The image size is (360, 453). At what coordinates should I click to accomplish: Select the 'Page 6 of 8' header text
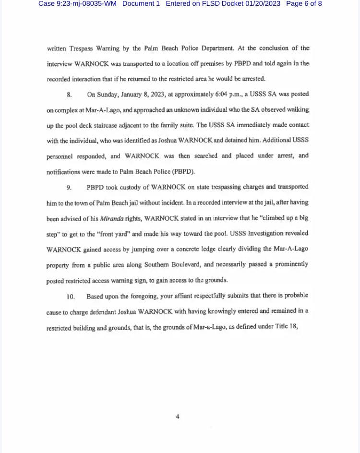pyautogui.click(x=304, y=4)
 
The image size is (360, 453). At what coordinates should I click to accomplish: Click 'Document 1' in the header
pyautogui.click(x=141, y=4)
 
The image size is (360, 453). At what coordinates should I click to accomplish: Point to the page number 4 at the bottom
pyautogui.click(x=178, y=417)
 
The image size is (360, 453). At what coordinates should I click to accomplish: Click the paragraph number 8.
pyautogui.click(x=70, y=95)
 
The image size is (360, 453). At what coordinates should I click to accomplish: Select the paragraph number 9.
pyautogui.click(x=70, y=187)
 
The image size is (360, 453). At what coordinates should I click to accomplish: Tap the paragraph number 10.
pyautogui.click(x=71, y=296)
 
